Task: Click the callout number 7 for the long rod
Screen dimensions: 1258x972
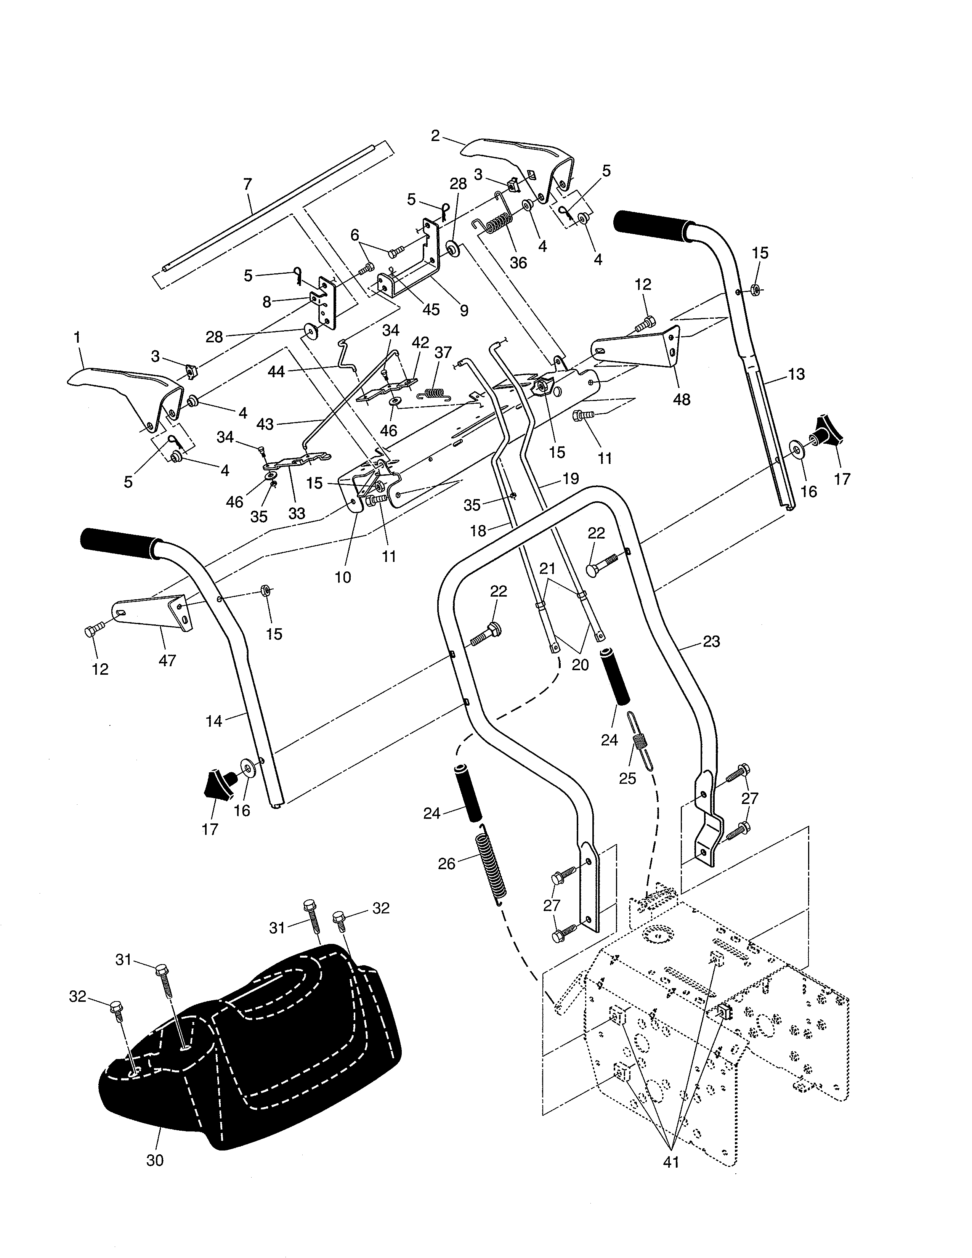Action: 248,185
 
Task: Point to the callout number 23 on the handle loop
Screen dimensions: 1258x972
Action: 712,641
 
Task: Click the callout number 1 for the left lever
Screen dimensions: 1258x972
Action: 77,337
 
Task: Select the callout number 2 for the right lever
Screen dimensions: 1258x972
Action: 435,136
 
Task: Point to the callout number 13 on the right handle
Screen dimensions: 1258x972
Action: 796,374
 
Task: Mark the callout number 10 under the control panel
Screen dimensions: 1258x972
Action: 343,577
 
